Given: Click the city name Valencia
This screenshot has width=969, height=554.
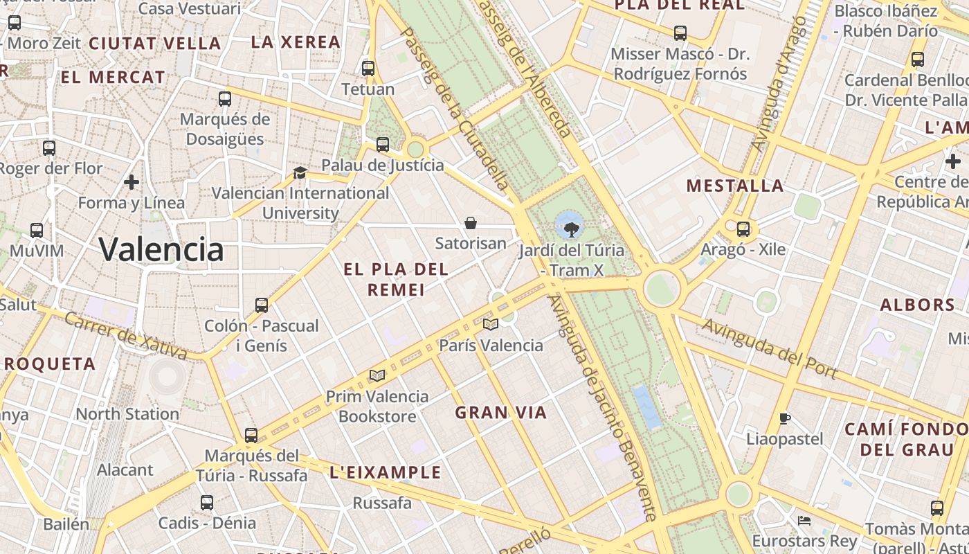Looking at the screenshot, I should click(161, 249).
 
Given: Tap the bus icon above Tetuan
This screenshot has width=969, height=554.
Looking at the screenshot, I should click(368, 69).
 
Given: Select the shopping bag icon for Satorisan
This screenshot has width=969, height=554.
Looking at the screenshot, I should click(471, 223).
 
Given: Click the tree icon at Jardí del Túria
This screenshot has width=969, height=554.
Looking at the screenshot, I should click(571, 229).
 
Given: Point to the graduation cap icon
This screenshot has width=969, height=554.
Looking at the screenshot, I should click(300, 172).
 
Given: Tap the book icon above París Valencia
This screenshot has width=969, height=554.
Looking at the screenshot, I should click(491, 324).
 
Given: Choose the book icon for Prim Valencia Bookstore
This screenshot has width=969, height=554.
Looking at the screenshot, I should click(377, 375).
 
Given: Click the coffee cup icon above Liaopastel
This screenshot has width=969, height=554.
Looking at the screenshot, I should click(784, 418).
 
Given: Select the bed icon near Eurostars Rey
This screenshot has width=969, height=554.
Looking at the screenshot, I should click(804, 520).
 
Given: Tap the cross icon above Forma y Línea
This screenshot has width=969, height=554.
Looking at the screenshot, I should click(132, 182).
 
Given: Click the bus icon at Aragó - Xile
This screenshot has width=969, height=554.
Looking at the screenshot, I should click(743, 229).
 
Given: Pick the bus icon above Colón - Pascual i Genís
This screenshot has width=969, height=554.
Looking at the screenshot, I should click(262, 305).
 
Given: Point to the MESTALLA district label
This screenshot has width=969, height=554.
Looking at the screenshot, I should click(735, 186).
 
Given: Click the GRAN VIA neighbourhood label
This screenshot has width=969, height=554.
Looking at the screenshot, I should click(500, 413).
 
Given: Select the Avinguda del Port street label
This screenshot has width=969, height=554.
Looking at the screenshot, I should click(770, 349).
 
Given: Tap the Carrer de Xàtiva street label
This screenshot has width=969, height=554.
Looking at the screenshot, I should click(126, 336).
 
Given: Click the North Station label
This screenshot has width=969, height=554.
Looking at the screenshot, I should click(127, 414).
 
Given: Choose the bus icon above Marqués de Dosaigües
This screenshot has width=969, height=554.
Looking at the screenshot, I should click(225, 99).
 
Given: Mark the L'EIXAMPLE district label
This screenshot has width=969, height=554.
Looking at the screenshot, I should click(386, 472).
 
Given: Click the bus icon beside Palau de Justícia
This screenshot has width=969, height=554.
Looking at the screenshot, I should click(383, 145).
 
